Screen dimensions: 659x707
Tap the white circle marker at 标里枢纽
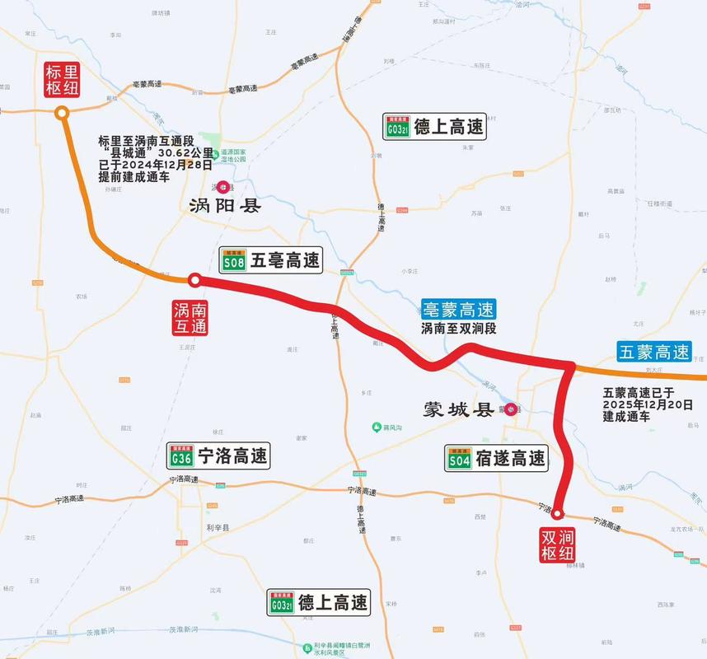coord(61,115)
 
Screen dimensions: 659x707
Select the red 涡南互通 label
coord(190,316)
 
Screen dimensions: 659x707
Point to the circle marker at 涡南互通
coord(194,280)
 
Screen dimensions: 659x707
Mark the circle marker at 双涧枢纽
coord(557,513)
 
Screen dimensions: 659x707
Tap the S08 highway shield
coord(233,262)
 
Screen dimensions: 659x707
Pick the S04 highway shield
coord(459,459)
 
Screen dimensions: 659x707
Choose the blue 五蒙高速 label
coord(654,352)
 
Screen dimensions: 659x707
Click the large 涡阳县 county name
coord(224,206)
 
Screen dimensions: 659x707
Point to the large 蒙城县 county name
coord(457,409)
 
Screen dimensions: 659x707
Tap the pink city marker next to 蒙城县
coord(510,409)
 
